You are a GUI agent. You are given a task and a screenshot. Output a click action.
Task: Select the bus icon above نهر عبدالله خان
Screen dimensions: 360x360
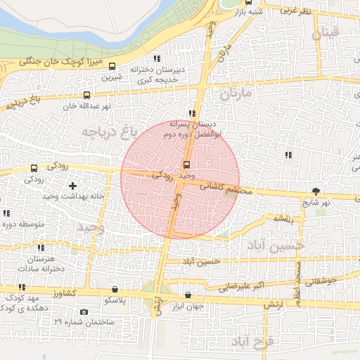[x=87, y=95]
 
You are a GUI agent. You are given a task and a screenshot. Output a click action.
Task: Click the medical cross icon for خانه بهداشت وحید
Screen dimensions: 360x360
[x=72, y=186]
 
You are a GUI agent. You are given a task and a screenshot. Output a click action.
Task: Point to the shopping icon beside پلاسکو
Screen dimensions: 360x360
[x=115, y=289]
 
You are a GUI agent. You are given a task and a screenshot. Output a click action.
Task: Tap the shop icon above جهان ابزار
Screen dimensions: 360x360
[x=188, y=295]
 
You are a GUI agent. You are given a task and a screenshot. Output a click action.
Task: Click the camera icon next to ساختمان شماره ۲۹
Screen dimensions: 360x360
[x=84, y=311]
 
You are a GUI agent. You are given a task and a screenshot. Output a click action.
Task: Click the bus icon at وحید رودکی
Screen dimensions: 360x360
[x=186, y=164]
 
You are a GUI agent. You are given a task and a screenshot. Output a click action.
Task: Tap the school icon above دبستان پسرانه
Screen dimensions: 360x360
[x=191, y=112]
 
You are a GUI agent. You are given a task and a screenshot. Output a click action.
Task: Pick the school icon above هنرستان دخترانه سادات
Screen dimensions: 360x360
[x=40, y=247]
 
